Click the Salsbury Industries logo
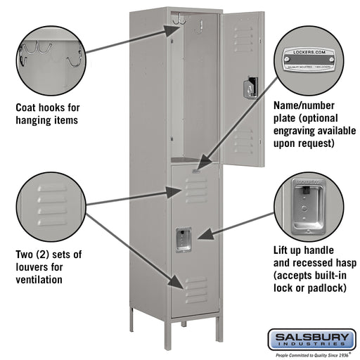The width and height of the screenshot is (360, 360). pyautogui.click(x=309, y=340)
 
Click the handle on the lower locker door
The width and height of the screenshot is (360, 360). pyautogui.click(x=184, y=240)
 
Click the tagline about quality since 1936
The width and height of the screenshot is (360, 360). pyautogui.click(x=309, y=355)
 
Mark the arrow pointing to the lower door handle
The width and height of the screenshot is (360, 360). pyautogui.click(x=239, y=226)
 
